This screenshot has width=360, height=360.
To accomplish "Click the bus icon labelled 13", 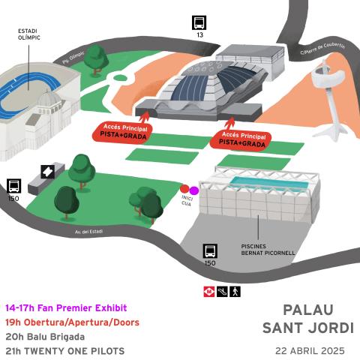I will point(199,22).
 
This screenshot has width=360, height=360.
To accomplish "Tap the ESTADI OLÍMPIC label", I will point(29,35).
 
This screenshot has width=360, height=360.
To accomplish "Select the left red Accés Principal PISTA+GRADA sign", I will point(121,132).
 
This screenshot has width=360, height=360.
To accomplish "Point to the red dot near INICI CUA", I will point(185,190).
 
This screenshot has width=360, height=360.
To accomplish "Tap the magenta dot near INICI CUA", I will point(194,190).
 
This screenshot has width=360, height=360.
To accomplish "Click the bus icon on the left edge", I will point(13,186).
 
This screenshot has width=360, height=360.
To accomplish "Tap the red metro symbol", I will point(208,290).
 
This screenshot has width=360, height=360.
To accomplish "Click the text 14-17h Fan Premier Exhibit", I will point(66,308).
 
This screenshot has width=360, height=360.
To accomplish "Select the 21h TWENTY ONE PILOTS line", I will point(64,350).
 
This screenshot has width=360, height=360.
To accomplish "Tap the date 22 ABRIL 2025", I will point(309,350).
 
